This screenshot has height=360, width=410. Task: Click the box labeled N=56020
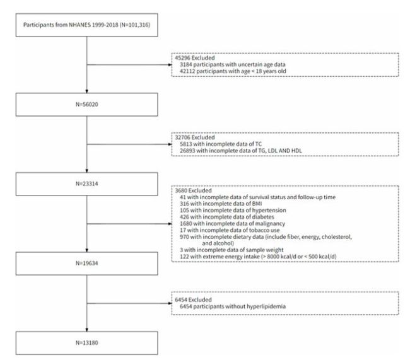tap(87, 104)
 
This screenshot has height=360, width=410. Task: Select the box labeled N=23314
tap(87, 184)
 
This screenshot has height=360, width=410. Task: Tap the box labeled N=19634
tap(87, 264)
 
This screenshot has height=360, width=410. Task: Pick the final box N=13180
tap(87, 343)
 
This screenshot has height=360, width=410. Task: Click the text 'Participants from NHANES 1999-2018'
tap(71, 25)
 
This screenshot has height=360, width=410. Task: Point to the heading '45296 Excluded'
tap(195, 58)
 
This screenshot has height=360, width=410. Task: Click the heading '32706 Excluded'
tap(195, 137)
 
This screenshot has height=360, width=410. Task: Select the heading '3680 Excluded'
tap(193, 190)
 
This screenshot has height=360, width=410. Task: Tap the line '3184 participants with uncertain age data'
tap(233, 64)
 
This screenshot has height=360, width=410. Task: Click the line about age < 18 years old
tap(233, 71)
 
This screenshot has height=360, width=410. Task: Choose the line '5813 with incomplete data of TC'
tap(221, 144)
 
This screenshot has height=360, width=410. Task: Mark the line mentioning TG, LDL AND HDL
tap(240, 151)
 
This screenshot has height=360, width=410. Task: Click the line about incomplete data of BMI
tap(221, 204)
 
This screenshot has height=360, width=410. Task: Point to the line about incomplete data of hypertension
tap(233, 210)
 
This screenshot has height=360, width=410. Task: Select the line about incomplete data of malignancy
tap(232, 224)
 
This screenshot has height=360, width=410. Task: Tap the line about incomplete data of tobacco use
tap(230, 230)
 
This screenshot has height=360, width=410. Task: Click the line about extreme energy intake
tap(258, 257)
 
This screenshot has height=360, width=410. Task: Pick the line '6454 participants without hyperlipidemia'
tap(233, 306)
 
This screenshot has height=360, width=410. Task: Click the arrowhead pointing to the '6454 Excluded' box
tap(170, 303)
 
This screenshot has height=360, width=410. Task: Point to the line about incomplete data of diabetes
tap(227, 217)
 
